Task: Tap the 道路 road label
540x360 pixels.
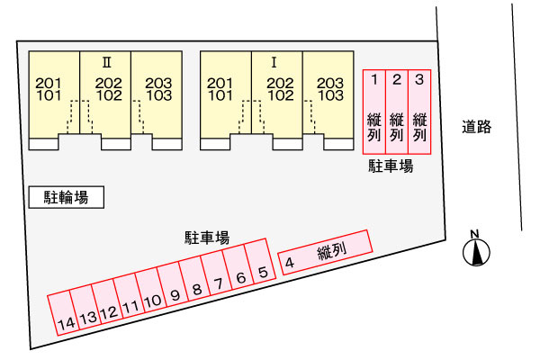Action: pyautogui.click(x=477, y=127)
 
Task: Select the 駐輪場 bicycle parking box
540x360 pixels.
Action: pyautogui.click(x=66, y=197)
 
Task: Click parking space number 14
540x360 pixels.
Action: pyautogui.click(x=62, y=313)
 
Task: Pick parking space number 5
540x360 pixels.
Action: pyautogui.click(x=260, y=261)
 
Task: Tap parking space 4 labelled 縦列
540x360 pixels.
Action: pyautogui.click(x=325, y=253)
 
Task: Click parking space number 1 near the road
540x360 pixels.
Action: pyautogui.click(x=374, y=112)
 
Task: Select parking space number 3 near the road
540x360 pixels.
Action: pyautogui.click(x=419, y=112)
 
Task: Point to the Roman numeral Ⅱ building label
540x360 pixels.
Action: pyautogui.click(x=107, y=63)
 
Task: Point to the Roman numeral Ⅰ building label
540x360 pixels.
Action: pyautogui.click(x=274, y=63)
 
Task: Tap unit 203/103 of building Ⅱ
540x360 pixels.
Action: pyautogui.click(x=157, y=101)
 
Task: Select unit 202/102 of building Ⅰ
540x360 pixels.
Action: pyautogui.click(x=277, y=101)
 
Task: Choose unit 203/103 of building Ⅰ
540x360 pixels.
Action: pyautogui.click(x=328, y=101)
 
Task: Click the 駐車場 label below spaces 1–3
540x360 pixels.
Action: pyautogui.click(x=391, y=166)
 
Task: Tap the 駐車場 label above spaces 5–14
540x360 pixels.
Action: pyautogui.click(x=207, y=238)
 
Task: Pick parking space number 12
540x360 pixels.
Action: pyautogui.click(x=106, y=302)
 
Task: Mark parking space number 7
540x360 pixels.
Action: pyautogui.click(x=216, y=273)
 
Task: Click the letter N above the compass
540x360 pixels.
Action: pyautogui.click(x=475, y=234)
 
